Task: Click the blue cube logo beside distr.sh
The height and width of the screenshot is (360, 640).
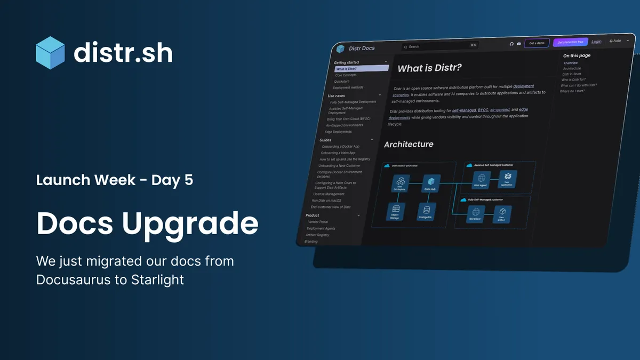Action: [50, 53]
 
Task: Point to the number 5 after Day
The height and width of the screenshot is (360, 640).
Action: [188, 180]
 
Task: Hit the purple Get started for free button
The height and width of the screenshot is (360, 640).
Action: [570, 42]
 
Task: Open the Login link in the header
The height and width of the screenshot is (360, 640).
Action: [596, 42]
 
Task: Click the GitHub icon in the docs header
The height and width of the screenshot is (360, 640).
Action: [511, 44]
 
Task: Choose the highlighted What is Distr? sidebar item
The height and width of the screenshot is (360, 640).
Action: [361, 69]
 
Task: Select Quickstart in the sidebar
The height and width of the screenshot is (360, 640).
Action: [341, 82]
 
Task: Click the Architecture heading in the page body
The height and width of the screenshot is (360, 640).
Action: [409, 144]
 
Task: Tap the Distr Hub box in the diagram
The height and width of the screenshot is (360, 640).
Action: [430, 182]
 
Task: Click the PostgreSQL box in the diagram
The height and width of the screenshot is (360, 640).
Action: [426, 211]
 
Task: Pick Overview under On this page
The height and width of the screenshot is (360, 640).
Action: [570, 63]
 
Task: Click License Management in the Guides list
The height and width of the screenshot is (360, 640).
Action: [329, 194]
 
